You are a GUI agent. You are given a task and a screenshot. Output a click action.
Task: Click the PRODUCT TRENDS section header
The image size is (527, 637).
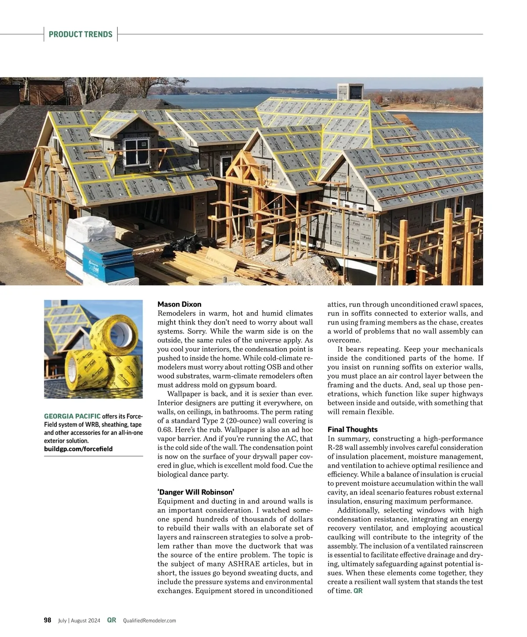pos(80,34)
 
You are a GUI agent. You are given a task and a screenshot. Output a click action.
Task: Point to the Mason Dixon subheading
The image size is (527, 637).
pos(179,304)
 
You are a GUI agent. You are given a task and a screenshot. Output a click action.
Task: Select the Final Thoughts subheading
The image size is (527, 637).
pos(352,429)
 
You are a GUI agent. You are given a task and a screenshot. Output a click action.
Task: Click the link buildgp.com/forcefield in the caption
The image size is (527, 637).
pos(78,449)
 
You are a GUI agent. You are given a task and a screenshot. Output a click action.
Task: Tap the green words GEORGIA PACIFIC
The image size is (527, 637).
pos(72,416)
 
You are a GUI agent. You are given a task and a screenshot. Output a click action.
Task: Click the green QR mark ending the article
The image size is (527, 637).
pos(358,591)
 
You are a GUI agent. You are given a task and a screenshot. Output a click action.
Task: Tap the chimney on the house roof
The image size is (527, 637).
pos(350,91)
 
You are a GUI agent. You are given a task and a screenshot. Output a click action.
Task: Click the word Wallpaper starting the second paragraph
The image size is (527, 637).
pos(184,394)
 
